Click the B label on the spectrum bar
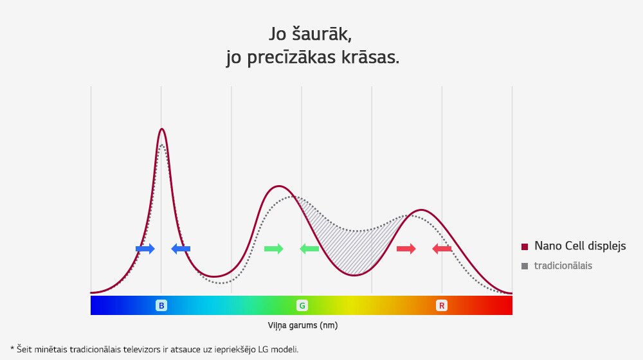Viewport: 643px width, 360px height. pyautogui.click(x=161, y=305)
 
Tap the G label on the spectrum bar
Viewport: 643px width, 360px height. pyautogui.click(x=302, y=305)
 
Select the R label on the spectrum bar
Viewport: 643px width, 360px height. pyautogui.click(x=442, y=305)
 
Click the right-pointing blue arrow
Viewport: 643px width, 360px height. pyautogui.click(x=145, y=249)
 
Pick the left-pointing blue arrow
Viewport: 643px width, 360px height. pyautogui.click(x=181, y=249)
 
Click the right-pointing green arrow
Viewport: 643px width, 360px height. pyautogui.click(x=273, y=249)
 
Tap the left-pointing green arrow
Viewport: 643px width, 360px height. pyautogui.click(x=309, y=249)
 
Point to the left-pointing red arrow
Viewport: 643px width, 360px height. pyautogui.click(x=442, y=249)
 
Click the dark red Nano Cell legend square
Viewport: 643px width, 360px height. pyautogui.click(x=525, y=247)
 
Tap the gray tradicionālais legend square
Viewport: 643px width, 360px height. pyautogui.click(x=525, y=265)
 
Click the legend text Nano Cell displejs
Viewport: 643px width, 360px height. pyautogui.click(x=580, y=246)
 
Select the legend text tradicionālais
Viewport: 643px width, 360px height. pyautogui.click(x=563, y=265)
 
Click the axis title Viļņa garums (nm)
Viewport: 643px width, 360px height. pyautogui.click(x=302, y=325)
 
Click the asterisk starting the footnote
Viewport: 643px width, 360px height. pyautogui.click(x=12, y=349)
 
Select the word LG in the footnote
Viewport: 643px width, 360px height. pyautogui.click(x=265, y=349)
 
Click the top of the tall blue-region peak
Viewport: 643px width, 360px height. pyautogui.click(x=161, y=129)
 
